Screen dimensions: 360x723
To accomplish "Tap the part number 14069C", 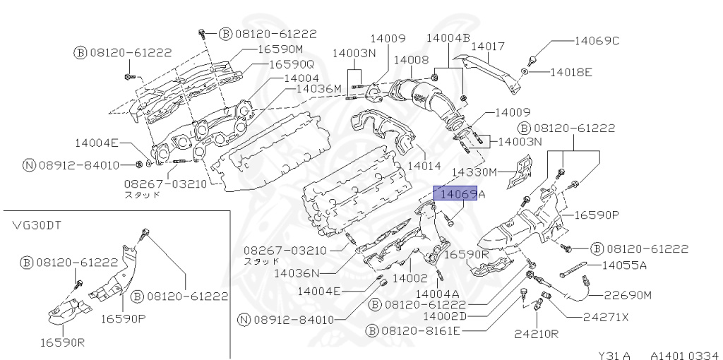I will click(596, 40).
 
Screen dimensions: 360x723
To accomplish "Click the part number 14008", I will click(411, 61).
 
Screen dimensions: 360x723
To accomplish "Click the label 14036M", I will click(318, 88).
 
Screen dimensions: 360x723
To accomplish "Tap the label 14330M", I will click(474, 172).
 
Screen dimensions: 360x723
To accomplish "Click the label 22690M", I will click(628, 294).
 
